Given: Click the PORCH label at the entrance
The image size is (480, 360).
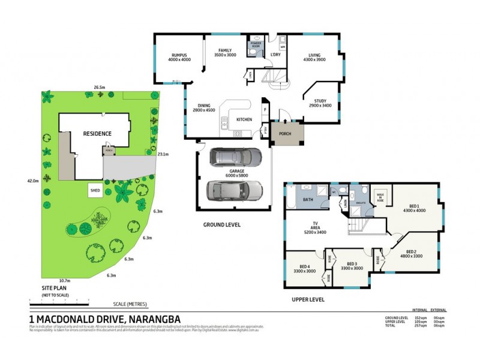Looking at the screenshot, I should (x=286, y=133).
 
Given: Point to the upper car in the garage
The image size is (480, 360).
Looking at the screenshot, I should (x=235, y=158).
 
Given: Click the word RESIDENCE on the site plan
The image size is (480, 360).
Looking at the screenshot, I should (x=97, y=133).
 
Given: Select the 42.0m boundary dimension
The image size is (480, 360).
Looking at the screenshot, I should (x=33, y=181).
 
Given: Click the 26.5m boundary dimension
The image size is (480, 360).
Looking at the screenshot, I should (x=100, y=88).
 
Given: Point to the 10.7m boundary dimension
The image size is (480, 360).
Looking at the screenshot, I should (x=65, y=281).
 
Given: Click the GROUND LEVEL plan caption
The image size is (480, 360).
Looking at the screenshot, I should (x=221, y=225).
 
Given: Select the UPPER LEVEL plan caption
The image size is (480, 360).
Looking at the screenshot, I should (x=308, y=298).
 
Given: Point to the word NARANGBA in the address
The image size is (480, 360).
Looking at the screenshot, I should (x=151, y=319).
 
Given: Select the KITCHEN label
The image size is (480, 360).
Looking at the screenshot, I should (x=244, y=119).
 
